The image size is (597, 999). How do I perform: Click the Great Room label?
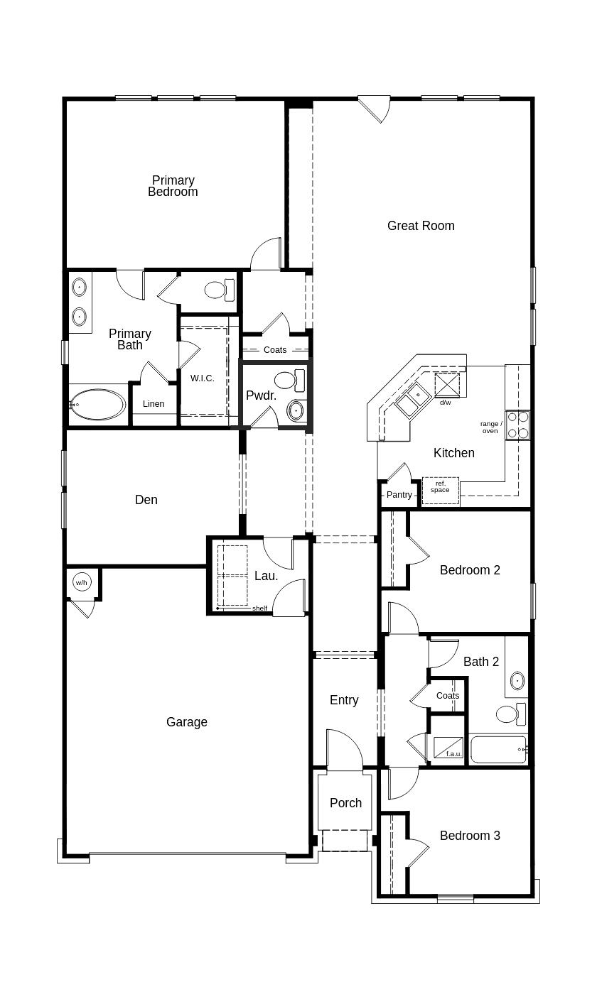coord(421,226)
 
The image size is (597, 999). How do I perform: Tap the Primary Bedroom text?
coord(173,186)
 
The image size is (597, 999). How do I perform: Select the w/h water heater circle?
coord(82,583)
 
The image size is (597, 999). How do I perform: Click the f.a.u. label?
coord(453,754)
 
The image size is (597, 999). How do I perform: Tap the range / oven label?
coord(490,427)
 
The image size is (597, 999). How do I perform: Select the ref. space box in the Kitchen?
coord(440,490)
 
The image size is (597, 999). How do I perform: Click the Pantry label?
coord(399,494)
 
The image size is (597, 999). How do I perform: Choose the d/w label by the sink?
coord(445,403)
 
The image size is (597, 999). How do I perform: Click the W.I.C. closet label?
coord(202,378)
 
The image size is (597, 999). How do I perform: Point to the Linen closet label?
coord(154,404)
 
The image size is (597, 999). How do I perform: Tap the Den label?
coord(146,500)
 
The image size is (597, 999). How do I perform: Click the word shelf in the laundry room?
coord(259,608)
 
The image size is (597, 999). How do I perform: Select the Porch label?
coord(345,803)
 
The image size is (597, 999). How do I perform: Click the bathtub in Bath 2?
coord(498,750)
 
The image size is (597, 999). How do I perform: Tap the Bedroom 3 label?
coord(470,836)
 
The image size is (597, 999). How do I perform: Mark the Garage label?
coord(187,722)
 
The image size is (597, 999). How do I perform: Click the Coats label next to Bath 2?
coord(448,696)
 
